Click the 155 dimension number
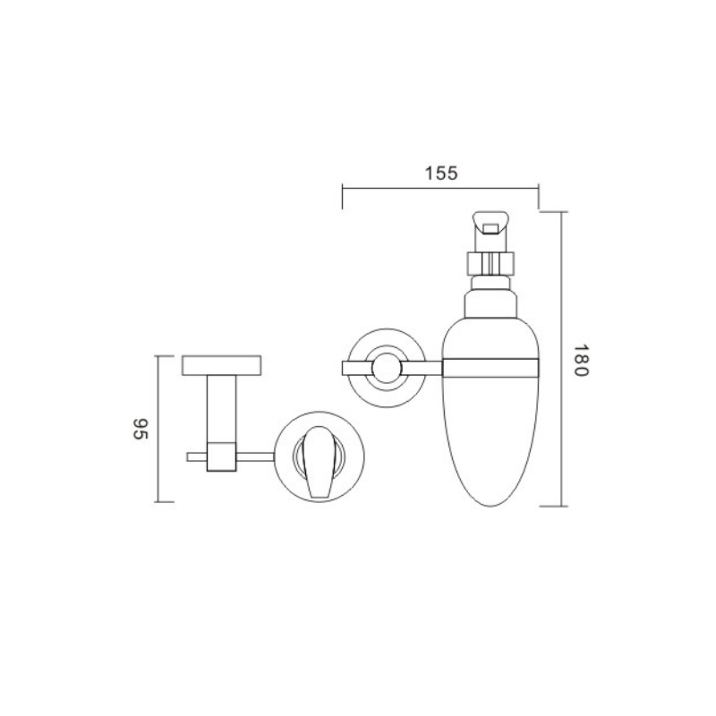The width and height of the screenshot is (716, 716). click(440, 174)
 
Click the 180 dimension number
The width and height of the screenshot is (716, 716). click(581, 361)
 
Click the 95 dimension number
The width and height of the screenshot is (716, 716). click(141, 429)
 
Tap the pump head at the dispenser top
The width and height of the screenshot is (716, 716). click(490, 232)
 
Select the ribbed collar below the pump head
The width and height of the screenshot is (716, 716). click(490, 263)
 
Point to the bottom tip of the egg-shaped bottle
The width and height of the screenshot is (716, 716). click(490, 507)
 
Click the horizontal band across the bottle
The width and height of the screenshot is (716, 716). click(490, 369)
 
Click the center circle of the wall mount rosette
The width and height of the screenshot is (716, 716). click(387, 368)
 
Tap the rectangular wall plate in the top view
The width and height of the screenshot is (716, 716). click(221, 365)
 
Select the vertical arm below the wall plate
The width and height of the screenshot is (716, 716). click(221, 409)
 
